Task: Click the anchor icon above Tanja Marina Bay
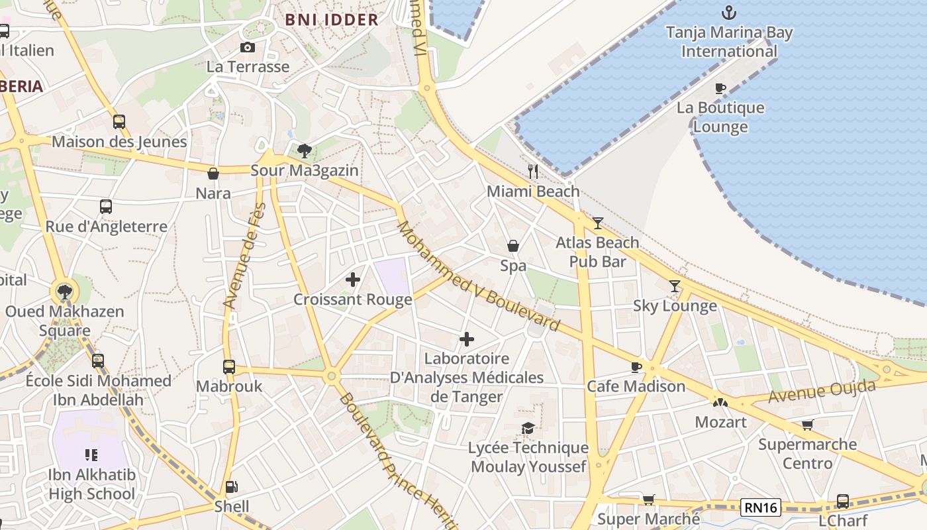click(x=728, y=12)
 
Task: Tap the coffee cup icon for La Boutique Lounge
click(x=720, y=88)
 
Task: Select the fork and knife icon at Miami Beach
click(x=533, y=172)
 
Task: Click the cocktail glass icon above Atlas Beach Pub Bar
click(x=598, y=223)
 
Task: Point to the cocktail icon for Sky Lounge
click(x=675, y=286)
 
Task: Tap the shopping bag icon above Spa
click(x=513, y=246)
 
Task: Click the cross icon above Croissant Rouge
click(x=353, y=280)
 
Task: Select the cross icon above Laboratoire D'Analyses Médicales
click(x=467, y=339)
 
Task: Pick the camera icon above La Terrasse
click(x=248, y=47)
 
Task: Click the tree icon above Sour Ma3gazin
click(x=305, y=151)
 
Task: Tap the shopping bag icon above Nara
click(x=213, y=174)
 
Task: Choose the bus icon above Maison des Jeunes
click(x=119, y=122)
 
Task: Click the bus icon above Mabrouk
click(x=229, y=366)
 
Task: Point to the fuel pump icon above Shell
click(x=231, y=487)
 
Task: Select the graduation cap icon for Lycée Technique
click(x=528, y=429)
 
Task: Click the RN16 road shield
click(x=761, y=507)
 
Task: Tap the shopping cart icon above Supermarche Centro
click(x=807, y=425)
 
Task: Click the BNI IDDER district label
click(x=332, y=19)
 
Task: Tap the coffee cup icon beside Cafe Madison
click(x=636, y=367)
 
